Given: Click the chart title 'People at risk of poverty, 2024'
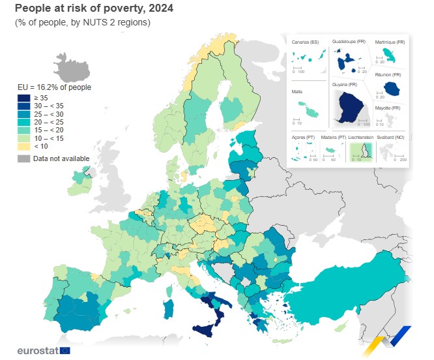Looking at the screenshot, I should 94,8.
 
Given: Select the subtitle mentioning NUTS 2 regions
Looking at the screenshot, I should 83,22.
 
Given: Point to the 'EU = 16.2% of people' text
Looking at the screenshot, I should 54,87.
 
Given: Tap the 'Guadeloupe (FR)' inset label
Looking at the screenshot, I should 349,42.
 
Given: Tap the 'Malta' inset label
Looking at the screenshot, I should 298,93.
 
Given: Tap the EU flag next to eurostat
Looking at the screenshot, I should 65,350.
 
